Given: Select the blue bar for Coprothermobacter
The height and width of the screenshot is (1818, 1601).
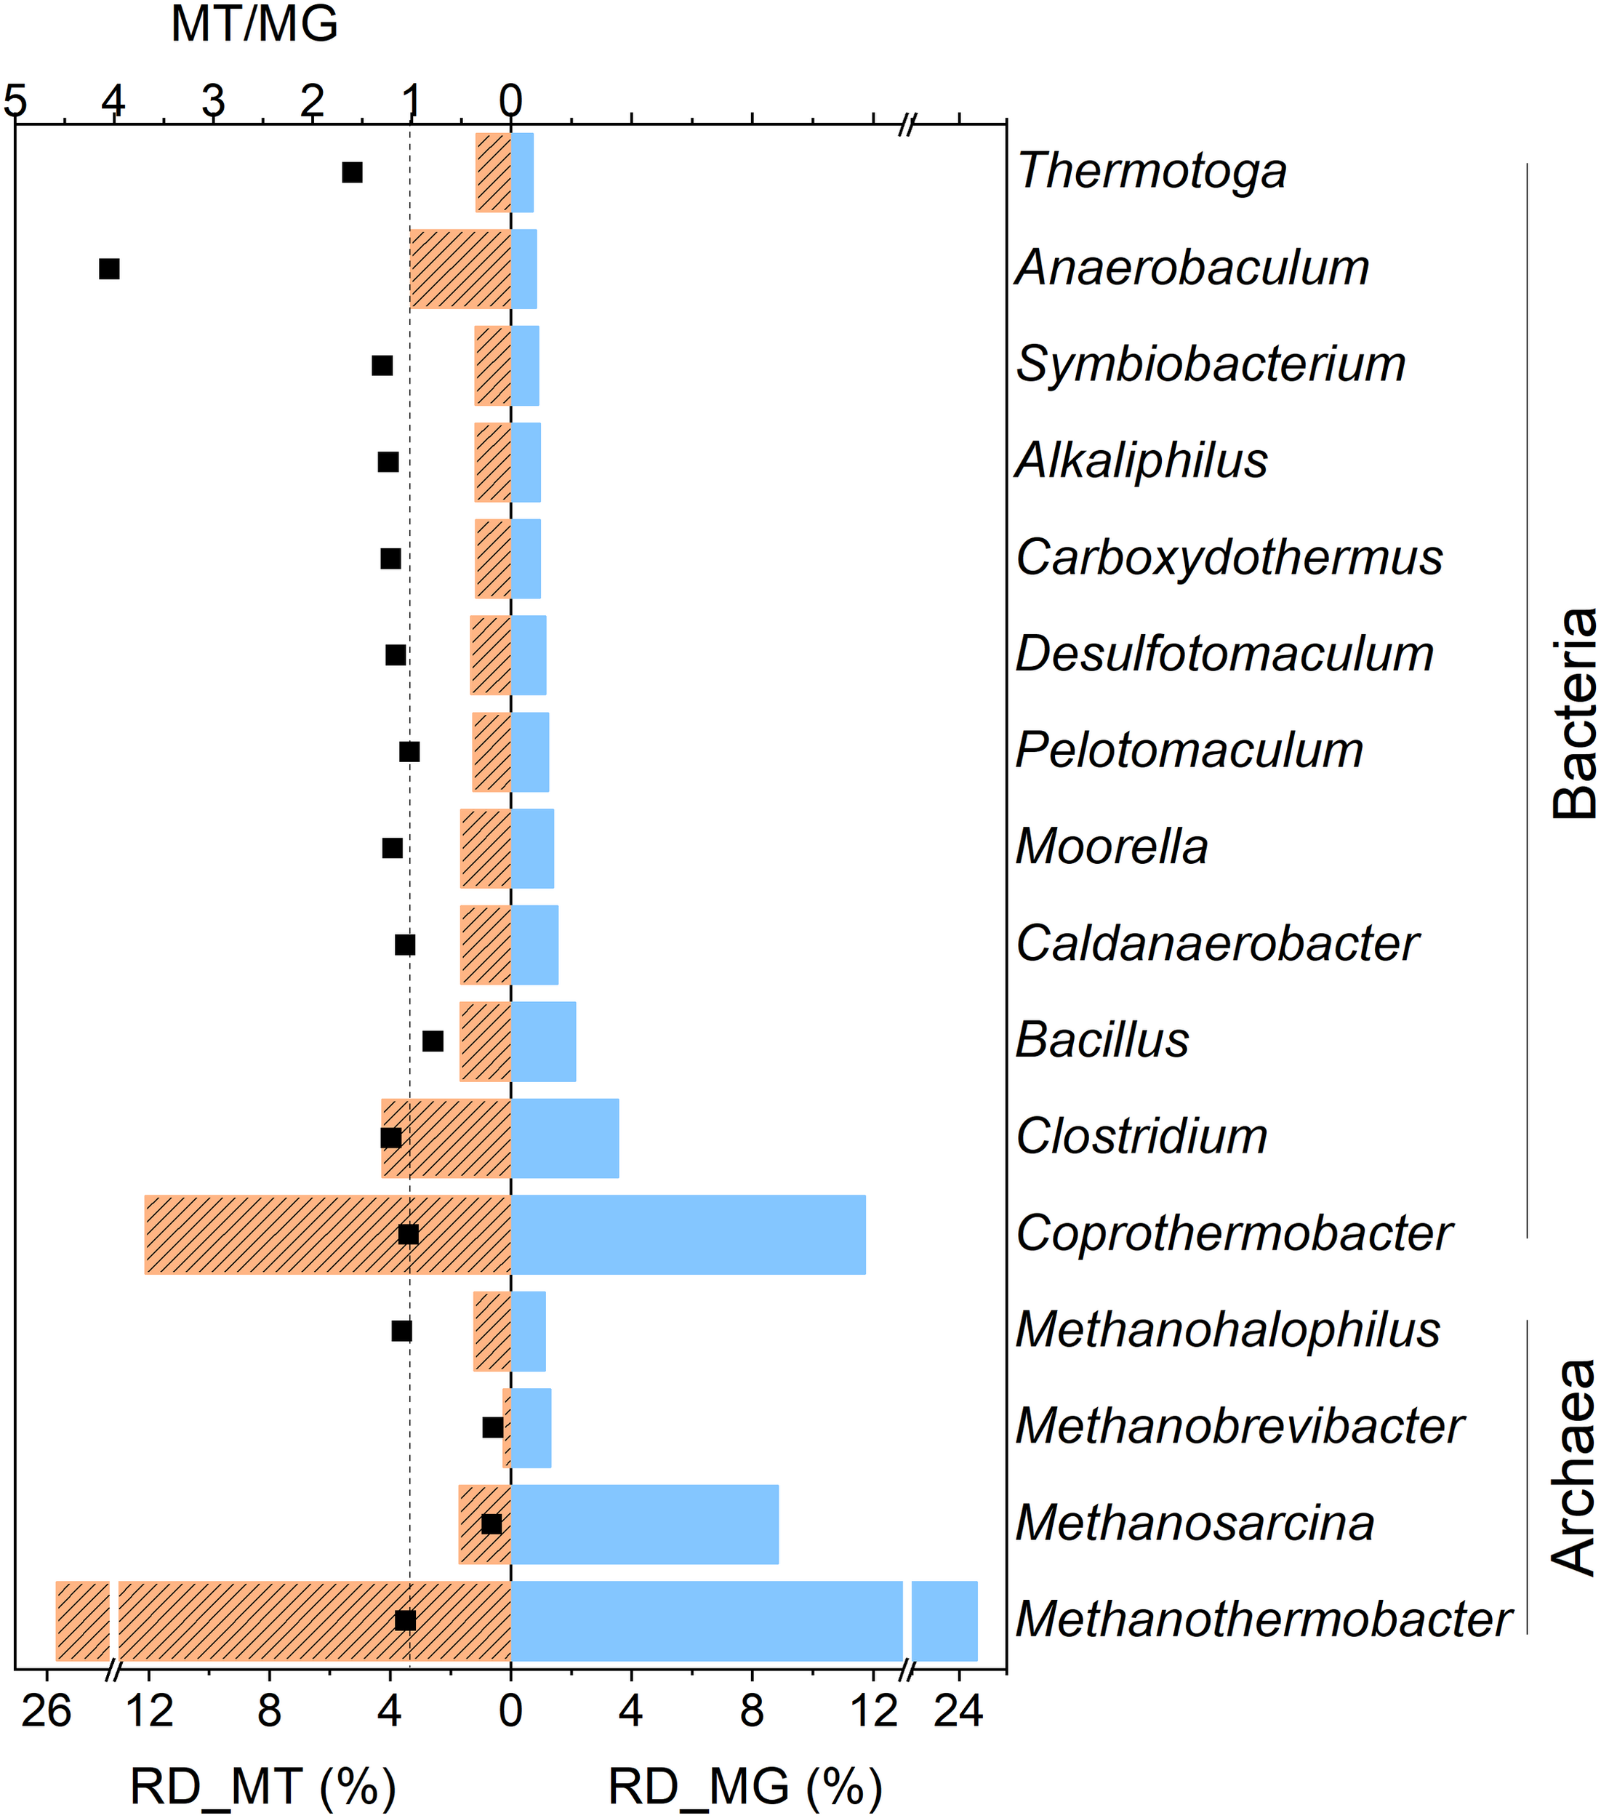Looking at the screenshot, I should tap(688, 1235).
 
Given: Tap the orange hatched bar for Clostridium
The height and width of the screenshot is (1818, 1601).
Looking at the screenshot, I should tap(446, 1139).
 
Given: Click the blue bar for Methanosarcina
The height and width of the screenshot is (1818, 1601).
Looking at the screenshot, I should tap(644, 1524).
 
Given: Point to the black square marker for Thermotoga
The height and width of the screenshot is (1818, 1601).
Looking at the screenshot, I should tap(352, 172).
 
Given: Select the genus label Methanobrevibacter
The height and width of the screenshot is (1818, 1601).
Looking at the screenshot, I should tap(1239, 1427).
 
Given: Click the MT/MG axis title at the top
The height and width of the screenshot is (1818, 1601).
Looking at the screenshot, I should tap(254, 25).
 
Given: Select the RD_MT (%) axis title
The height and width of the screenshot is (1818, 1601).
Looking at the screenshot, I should tap(262, 1786).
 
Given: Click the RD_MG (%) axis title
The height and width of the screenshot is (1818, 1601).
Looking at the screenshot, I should tap(745, 1786).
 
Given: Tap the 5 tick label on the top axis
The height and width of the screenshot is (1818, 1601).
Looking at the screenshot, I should tap(15, 101).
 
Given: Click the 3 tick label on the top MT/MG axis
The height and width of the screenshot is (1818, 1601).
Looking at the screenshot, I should tap(212, 101).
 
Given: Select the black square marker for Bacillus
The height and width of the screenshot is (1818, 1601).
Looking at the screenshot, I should tap(433, 1041).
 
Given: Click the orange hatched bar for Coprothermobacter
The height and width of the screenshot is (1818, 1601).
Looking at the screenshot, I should tap(327, 1235).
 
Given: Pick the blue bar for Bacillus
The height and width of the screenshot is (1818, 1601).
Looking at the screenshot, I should tap(543, 1041).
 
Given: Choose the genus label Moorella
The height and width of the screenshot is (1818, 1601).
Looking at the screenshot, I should tap(1112, 846).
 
